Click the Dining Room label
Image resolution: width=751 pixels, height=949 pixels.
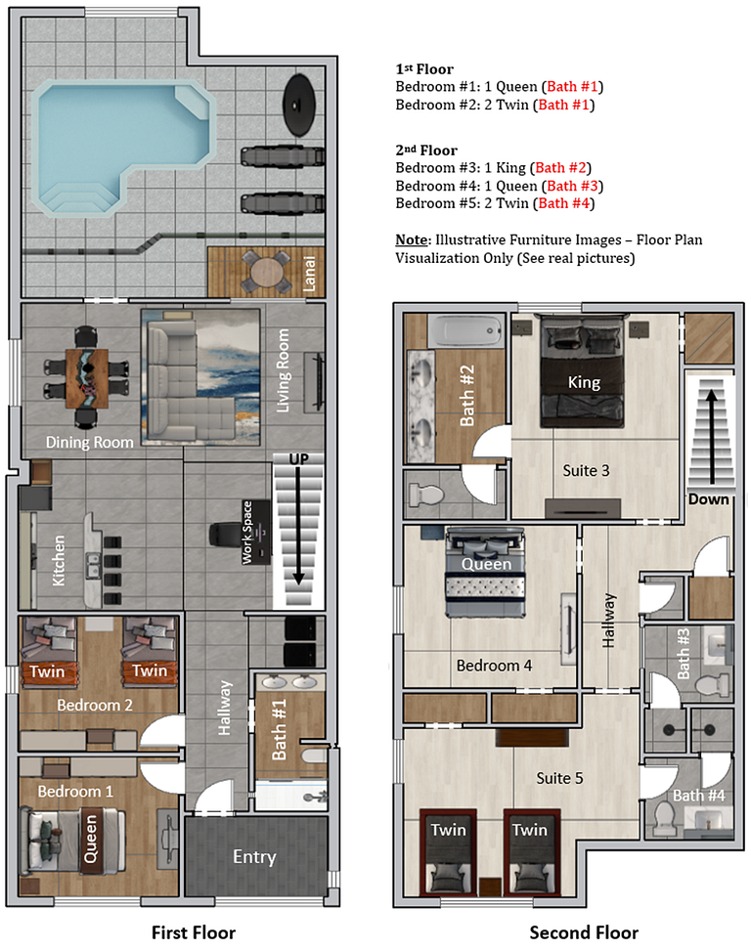(89, 443)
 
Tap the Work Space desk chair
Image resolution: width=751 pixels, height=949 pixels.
(224, 537)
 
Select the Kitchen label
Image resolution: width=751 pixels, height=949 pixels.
(60, 560)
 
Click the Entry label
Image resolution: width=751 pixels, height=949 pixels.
(254, 857)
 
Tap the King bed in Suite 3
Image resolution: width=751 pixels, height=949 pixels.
(584, 376)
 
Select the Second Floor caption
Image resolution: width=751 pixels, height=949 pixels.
(584, 932)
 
